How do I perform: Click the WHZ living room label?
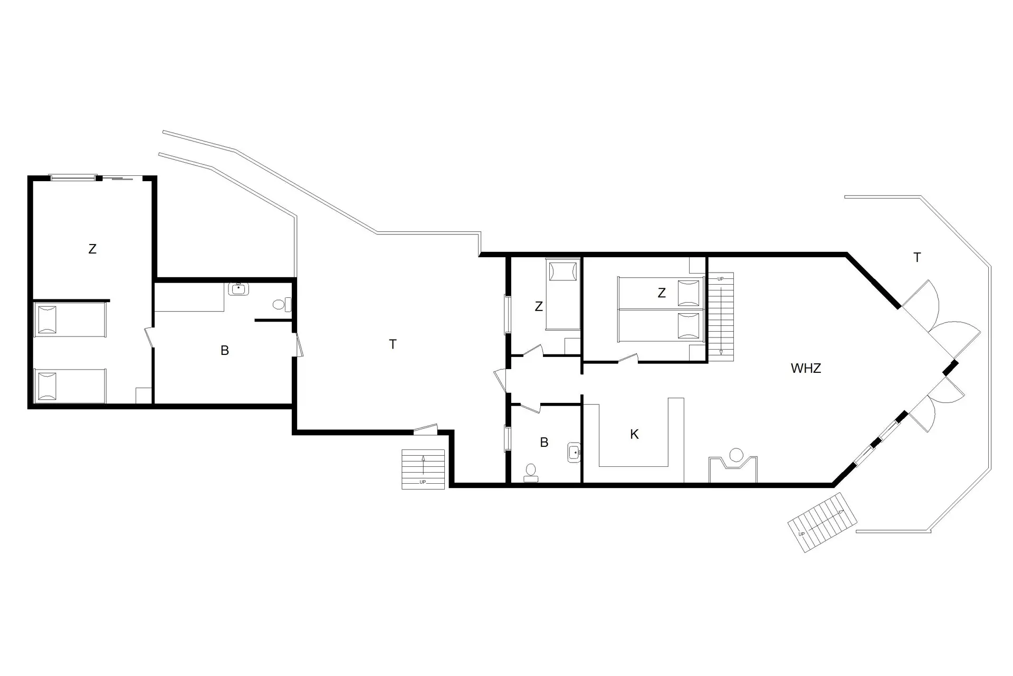[806, 369]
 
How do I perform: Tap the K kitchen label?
[634, 434]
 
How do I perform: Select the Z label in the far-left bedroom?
[92, 249]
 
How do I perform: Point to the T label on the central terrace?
[393, 344]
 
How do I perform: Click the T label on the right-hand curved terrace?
[917, 258]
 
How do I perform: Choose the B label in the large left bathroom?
[225, 350]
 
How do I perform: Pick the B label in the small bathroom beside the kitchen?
[544, 443]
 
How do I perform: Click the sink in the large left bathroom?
[239, 289]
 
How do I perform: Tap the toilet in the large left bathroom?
[280, 304]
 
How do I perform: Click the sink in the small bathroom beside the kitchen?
[574, 453]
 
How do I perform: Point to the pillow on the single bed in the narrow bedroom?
[559, 271]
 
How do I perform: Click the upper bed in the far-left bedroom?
[70, 319]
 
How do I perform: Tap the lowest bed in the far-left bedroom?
[70, 386]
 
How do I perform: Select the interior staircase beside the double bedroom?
[720, 317]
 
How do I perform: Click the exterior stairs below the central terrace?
[423, 469]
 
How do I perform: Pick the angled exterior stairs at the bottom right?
[821, 522]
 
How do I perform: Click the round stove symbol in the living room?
[736, 455]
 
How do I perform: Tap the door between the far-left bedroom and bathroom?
[149, 337]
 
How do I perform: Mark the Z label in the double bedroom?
[662, 293]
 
